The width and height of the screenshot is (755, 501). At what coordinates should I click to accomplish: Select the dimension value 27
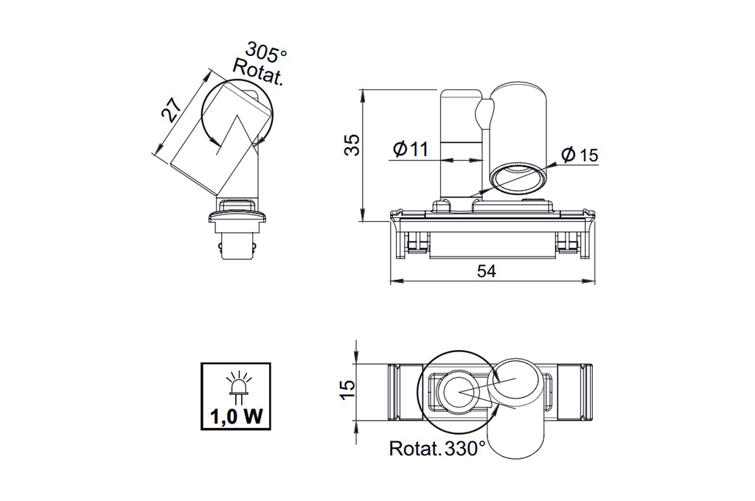click(172, 111)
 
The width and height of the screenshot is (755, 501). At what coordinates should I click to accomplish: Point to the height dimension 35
click(353, 144)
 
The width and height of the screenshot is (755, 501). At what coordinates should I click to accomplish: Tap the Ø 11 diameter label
click(411, 150)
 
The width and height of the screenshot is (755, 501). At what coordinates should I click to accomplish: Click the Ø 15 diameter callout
click(580, 155)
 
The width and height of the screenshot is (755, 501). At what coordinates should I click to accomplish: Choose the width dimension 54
click(486, 271)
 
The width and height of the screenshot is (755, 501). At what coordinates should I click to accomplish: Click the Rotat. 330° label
click(436, 448)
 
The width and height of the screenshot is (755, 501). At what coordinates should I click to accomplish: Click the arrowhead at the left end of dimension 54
click(393, 281)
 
